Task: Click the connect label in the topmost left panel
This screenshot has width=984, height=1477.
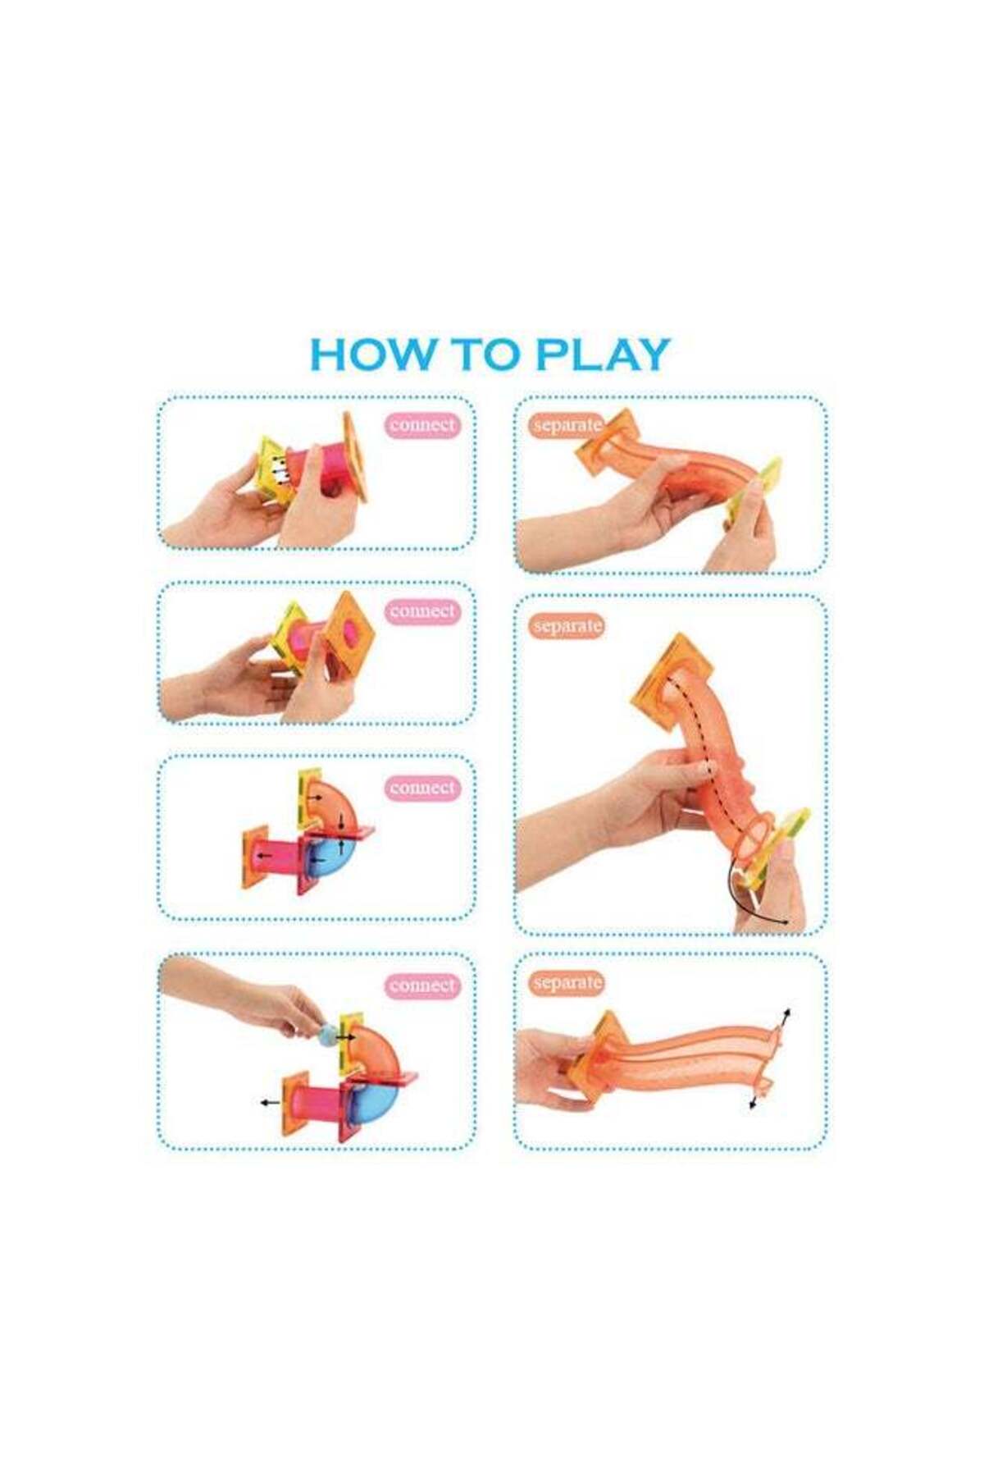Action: pos(422,425)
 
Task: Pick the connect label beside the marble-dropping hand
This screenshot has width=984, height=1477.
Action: pos(422,985)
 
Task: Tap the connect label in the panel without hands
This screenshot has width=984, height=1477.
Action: pos(422,788)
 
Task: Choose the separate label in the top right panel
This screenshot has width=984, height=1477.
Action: pos(567,426)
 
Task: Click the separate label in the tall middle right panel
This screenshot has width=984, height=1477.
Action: pos(567,626)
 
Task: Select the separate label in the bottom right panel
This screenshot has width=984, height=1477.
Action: pos(567,982)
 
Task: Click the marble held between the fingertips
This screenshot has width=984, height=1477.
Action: pos(327,1033)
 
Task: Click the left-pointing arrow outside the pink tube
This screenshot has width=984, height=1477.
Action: pos(268,1102)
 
